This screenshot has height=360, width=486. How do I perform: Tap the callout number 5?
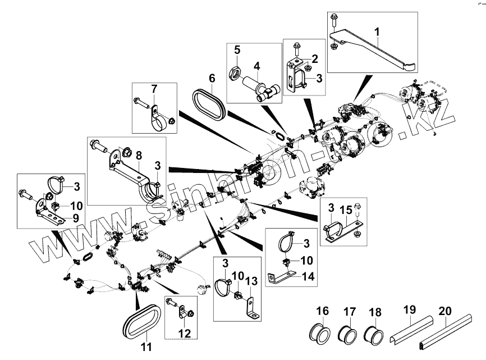(237, 50)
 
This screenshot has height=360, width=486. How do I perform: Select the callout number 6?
(212, 76)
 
